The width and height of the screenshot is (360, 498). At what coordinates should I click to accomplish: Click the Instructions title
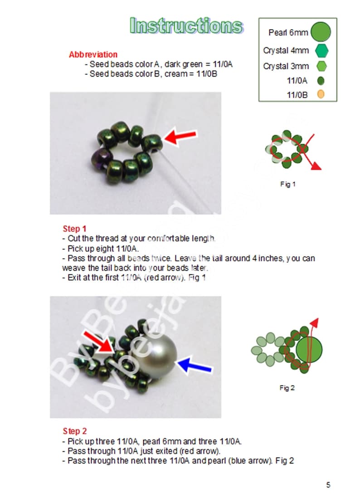[x=186, y=26]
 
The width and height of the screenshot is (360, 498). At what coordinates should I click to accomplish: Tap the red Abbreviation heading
[x=93, y=54]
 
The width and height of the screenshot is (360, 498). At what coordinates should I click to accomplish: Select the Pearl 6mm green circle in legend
[x=321, y=32]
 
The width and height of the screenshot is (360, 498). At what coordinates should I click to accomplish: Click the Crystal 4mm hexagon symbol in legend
[x=321, y=50]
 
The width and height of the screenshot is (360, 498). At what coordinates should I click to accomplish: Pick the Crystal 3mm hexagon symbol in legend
[x=321, y=66]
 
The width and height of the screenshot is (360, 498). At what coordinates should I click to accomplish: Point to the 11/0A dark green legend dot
[x=321, y=81]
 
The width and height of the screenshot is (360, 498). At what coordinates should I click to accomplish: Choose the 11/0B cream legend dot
[x=321, y=95]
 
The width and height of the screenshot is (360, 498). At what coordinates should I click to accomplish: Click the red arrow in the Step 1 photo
[x=180, y=136]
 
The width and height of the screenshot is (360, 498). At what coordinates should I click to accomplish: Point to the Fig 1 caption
[x=287, y=185]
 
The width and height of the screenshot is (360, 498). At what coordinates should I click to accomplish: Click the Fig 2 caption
[x=287, y=388]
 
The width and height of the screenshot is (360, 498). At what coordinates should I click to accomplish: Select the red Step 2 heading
[x=74, y=431]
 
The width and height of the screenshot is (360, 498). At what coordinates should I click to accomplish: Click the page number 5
[x=328, y=485]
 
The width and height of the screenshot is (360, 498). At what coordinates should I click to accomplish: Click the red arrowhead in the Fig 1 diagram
[x=316, y=166]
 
